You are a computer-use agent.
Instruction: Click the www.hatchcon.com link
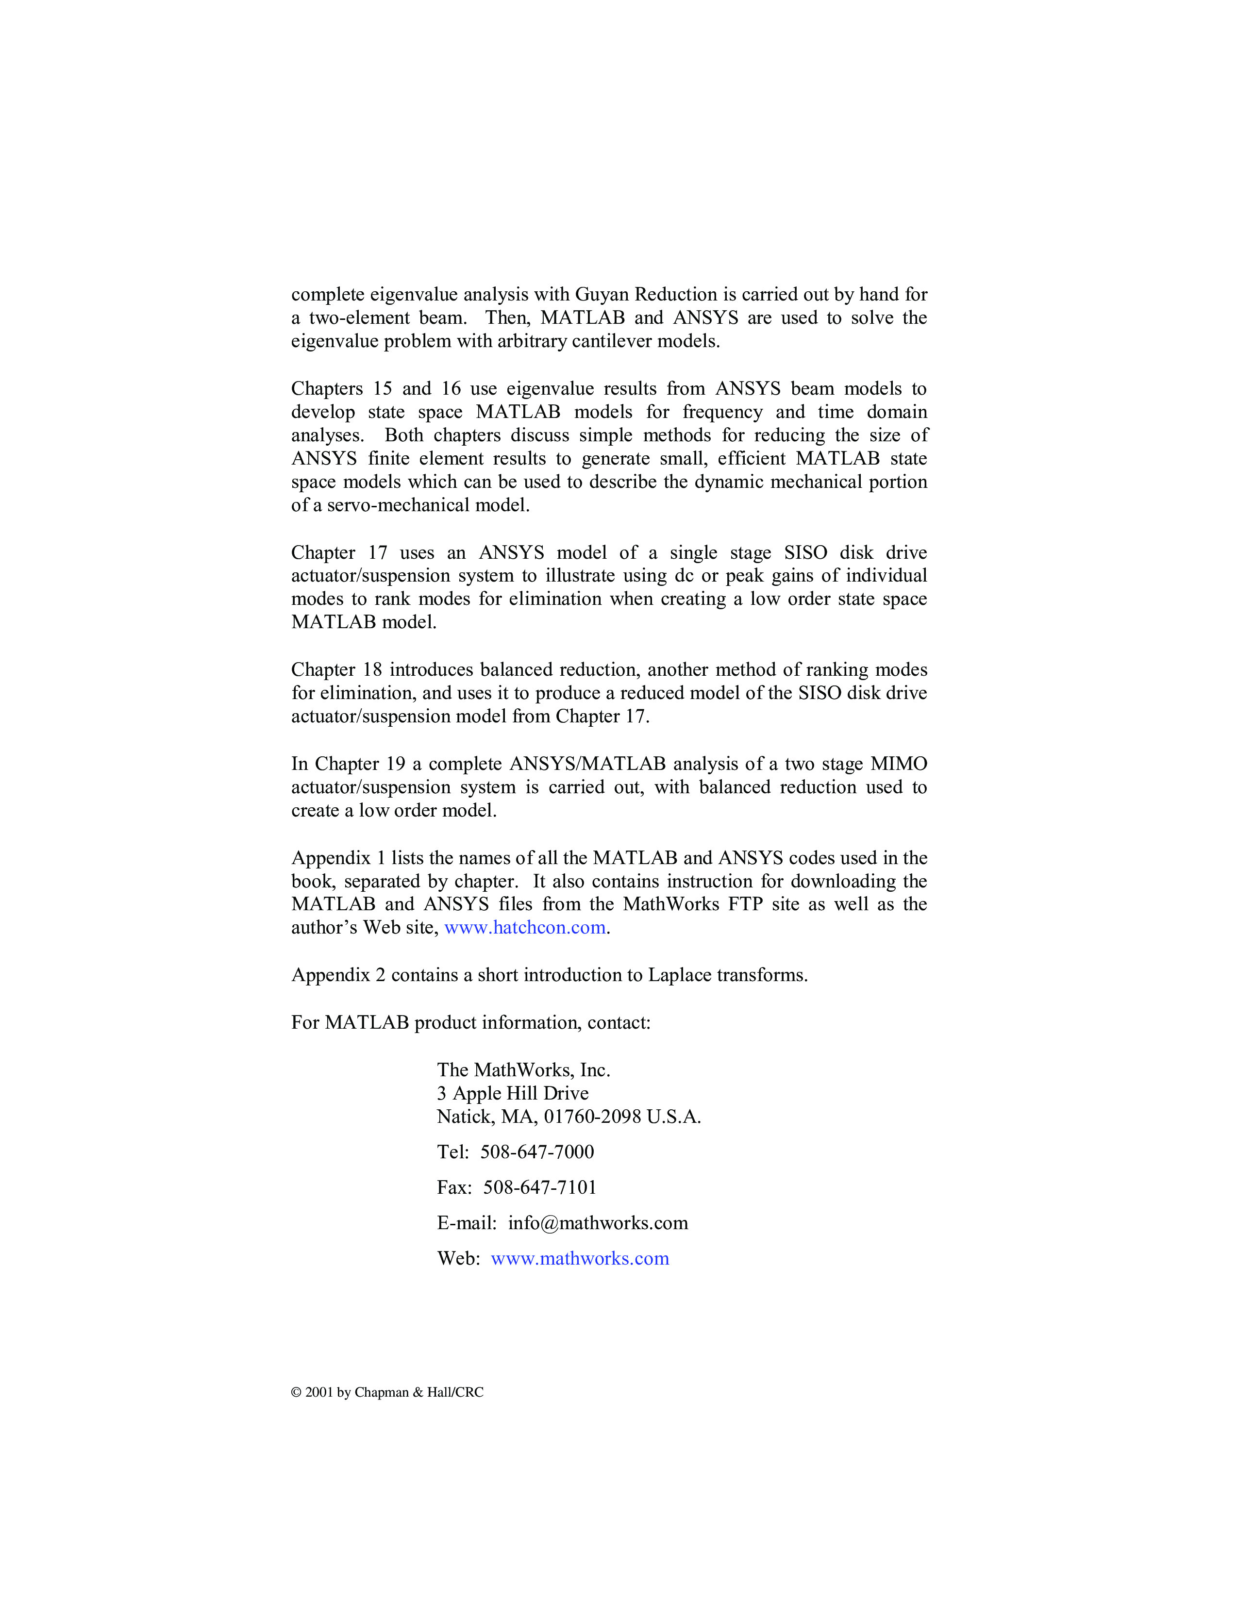(525, 928)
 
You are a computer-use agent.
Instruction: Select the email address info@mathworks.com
(598, 1223)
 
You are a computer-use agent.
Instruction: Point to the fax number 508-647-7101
(540, 1187)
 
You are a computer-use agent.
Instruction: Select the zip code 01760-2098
(592, 1117)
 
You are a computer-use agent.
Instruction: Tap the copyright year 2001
(319, 1392)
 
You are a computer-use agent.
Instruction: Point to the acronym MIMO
(899, 764)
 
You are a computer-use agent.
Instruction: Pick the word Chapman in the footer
(382, 1392)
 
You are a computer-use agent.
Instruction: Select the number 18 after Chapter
(372, 670)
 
